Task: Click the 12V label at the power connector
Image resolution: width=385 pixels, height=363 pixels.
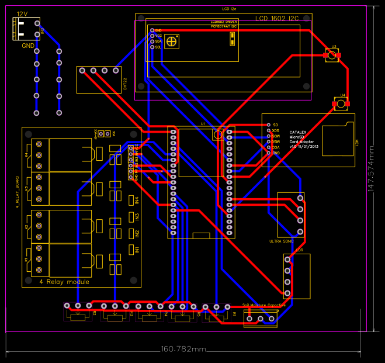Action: [x=22, y=13]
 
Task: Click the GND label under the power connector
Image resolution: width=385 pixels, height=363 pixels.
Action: [x=27, y=45]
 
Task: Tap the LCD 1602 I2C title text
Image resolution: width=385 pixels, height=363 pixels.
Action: [x=277, y=19]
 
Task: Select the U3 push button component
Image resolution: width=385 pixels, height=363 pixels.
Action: [x=332, y=56]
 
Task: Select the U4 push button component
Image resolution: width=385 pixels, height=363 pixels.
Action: [x=341, y=105]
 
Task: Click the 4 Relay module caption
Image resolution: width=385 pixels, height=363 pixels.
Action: [x=64, y=282]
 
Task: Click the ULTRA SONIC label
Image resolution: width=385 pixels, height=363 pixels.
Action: [x=281, y=241]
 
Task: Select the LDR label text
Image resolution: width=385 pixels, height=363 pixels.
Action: [x=300, y=251]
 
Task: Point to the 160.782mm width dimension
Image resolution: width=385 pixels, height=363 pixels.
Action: [x=183, y=349]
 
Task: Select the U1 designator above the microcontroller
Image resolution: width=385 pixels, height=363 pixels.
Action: [x=203, y=124]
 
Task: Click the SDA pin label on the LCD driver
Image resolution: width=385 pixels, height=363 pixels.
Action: [x=158, y=42]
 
